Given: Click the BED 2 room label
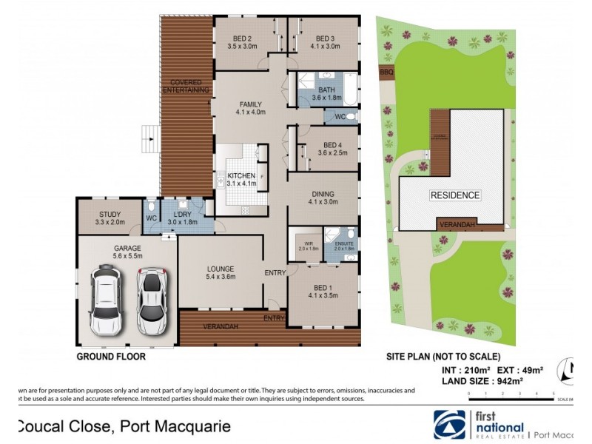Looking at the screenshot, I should (x=241, y=39).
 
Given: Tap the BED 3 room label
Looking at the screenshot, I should (x=326, y=39).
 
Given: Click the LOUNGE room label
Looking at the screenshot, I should (x=221, y=269).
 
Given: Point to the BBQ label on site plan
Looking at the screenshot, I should (x=385, y=72).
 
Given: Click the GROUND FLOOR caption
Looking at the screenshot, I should (x=111, y=356).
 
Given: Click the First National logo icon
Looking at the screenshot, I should (x=450, y=424).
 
